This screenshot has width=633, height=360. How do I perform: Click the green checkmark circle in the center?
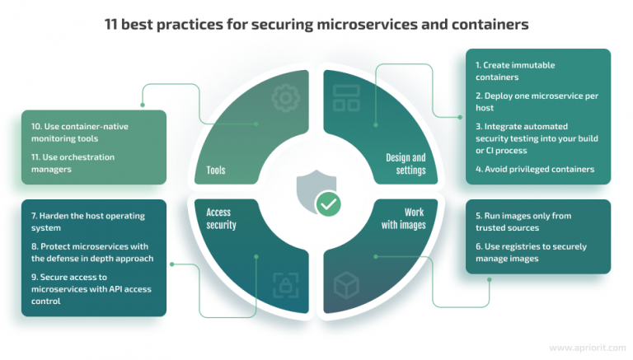click(x=328, y=204)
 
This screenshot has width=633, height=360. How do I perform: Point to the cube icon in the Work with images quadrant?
click(x=345, y=286)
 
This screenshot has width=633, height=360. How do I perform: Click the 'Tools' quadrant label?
click(x=217, y=171)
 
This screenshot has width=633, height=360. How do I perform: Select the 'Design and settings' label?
click(x=406, y=163)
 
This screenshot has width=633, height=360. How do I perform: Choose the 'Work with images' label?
click(x=404, y=218)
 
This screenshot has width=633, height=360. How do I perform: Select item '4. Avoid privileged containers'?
click(x=534, y=170)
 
